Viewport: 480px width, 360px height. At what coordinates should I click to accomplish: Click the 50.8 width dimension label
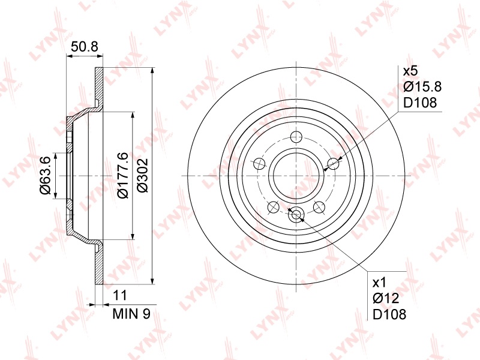point(84,47)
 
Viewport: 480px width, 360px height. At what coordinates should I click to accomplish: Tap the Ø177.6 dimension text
point(123,175)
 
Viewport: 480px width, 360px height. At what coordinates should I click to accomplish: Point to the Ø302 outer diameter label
point(143,175)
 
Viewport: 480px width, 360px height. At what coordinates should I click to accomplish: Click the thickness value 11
point(119,296)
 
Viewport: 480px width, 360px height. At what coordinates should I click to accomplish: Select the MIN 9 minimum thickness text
point(131,314)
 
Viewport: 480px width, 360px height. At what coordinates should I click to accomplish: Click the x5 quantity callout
point(410,71)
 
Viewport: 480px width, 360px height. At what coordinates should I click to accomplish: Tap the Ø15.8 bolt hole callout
point(422,87)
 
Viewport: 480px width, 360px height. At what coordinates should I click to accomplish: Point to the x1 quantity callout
point(380,283)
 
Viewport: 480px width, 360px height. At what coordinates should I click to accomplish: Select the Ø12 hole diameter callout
point(386,298)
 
